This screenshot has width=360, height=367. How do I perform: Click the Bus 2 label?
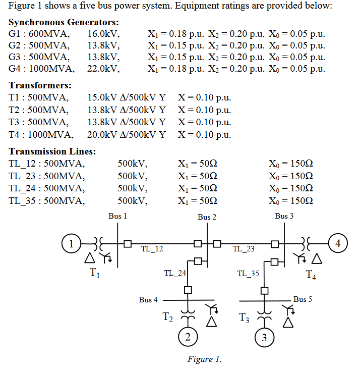(207, 217)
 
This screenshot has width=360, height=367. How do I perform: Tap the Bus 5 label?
(303, 299)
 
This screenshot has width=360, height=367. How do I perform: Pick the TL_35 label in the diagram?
(248, 274)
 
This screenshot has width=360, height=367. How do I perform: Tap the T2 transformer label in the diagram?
(168, 318)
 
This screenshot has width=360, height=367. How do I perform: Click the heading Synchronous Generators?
(64, 23)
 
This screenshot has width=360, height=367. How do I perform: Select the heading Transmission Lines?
(52, 151)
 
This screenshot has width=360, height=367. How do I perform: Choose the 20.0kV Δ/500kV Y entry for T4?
(127, 134)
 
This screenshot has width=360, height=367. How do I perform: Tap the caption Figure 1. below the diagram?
(204, 359)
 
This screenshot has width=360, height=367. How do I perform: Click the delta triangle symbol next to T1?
(89, 258)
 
